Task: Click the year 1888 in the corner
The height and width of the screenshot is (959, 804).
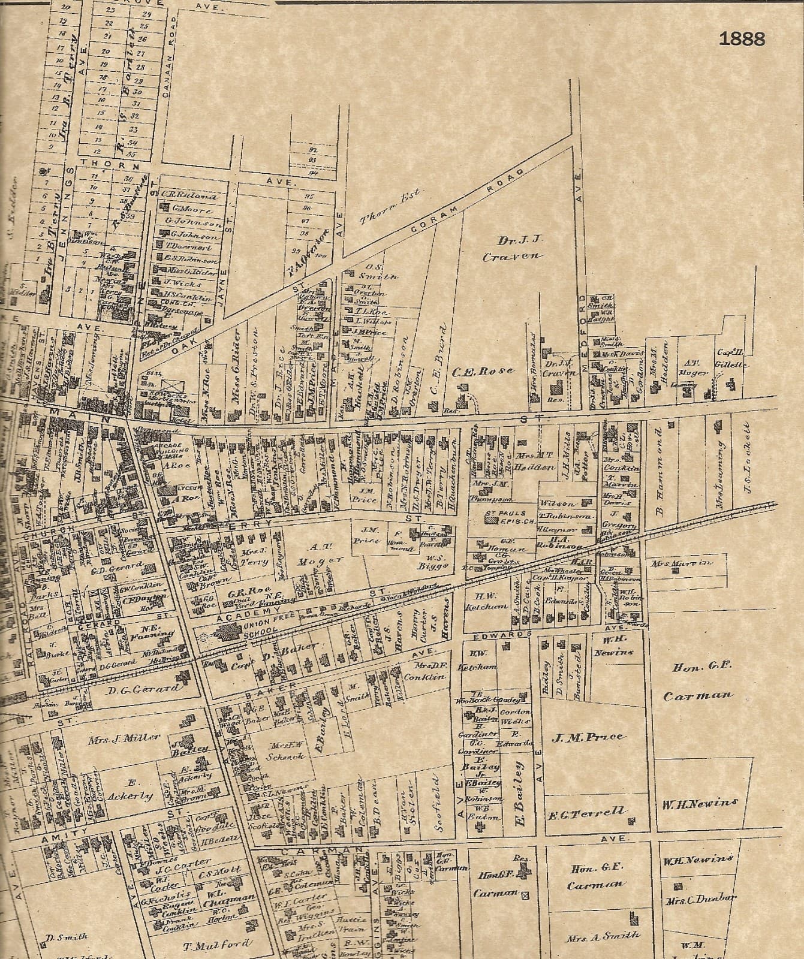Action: tap(742, 40)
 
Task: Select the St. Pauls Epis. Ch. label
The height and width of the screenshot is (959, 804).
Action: tap(505, 517)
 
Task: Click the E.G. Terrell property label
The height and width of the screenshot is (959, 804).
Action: tap(587, 812)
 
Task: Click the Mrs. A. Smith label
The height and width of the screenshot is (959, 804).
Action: tap(602, 935)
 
